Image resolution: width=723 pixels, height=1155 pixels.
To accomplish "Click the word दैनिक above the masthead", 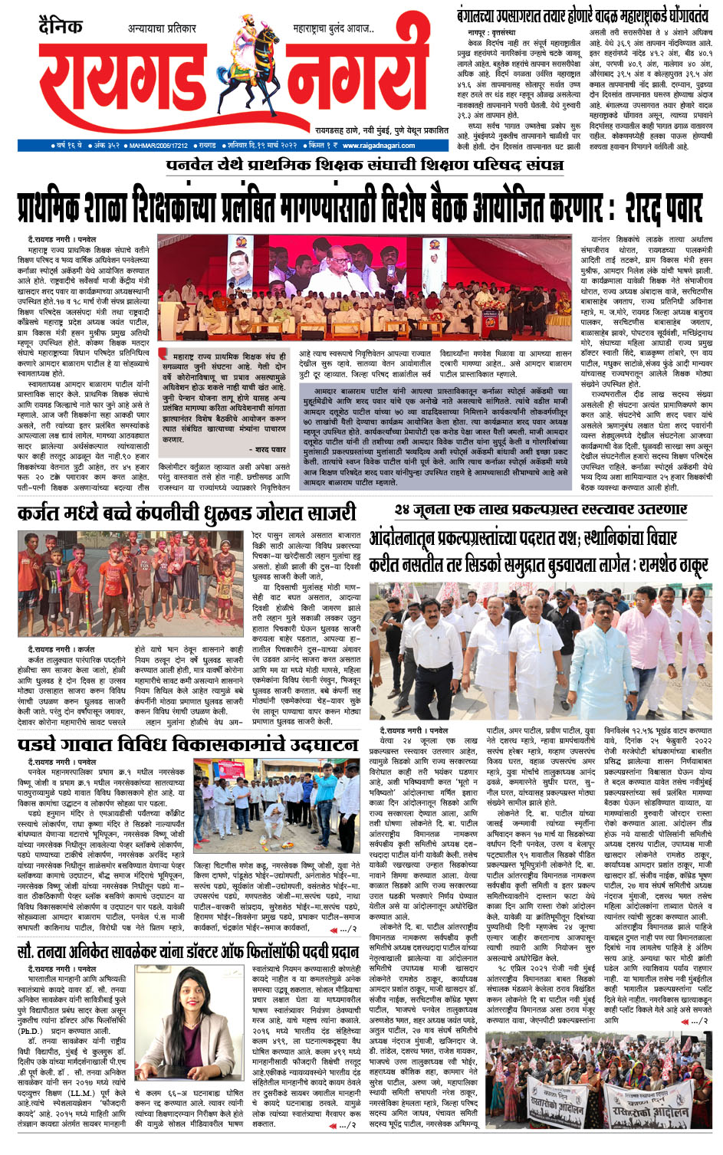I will pos(61,28).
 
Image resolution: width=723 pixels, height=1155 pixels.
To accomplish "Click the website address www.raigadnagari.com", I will pos(379,146).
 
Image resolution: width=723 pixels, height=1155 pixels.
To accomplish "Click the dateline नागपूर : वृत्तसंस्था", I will pos(491,33).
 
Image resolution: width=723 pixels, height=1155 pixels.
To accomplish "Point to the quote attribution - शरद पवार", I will pos(269,450).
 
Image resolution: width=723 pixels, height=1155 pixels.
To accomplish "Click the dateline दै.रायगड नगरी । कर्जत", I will pos(61,649).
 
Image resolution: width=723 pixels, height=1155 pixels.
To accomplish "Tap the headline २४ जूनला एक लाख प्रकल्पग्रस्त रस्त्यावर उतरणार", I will pos(541,510).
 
